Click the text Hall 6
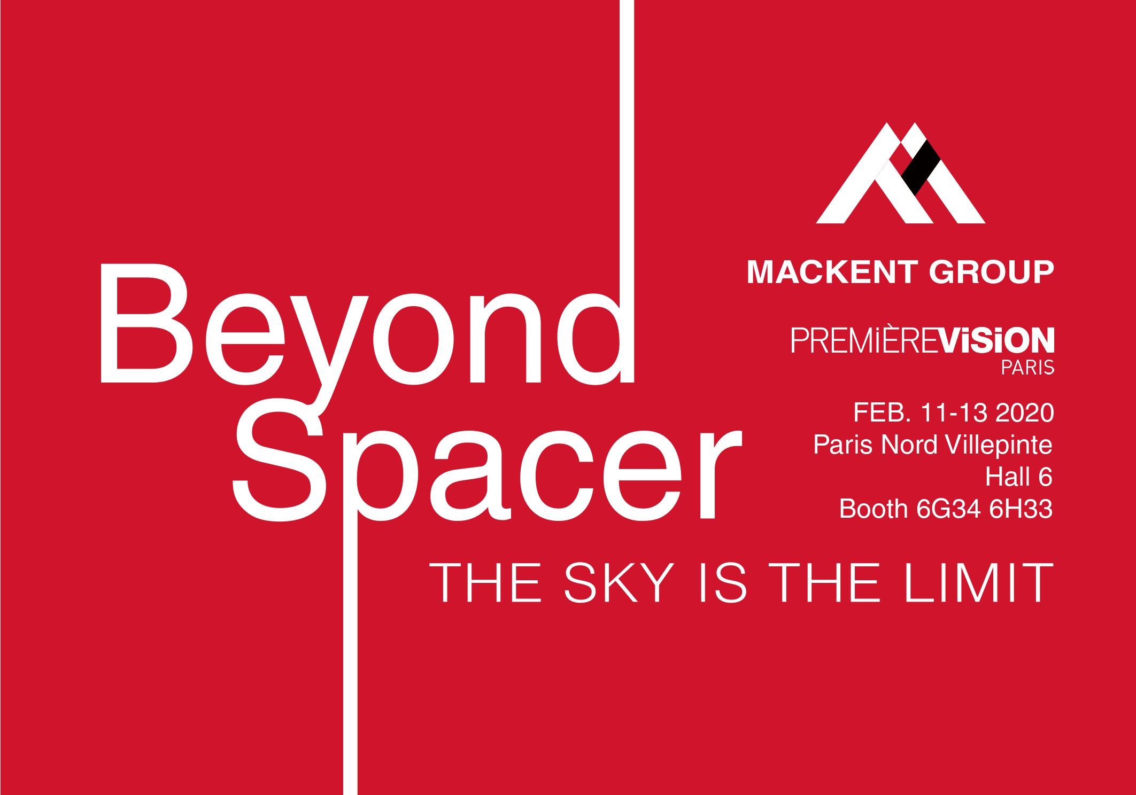[x=1019, y=477]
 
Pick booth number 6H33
[x=1021, y=509]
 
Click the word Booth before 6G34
[x=873, y=509]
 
